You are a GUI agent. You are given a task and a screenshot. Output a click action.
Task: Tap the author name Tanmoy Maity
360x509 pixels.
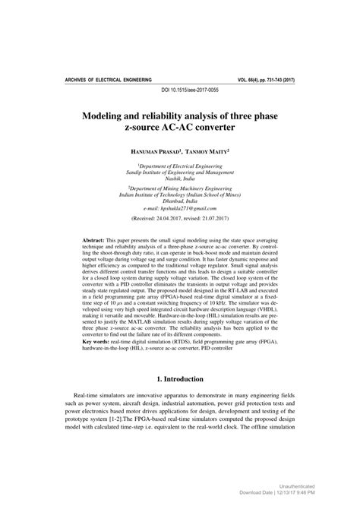point(207,151)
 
